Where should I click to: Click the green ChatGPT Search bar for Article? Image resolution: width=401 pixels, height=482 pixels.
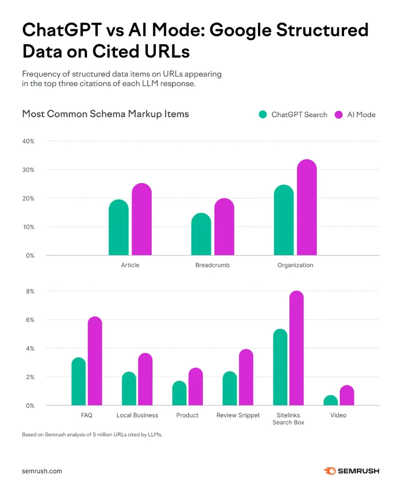click(x=119, y=228)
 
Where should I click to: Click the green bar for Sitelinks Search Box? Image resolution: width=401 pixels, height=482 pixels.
click(x=280, y=368)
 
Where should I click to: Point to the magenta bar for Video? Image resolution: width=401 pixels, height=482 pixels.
click(x=347, y=396)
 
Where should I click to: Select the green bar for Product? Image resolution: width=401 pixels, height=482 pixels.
click(x=179, y=394)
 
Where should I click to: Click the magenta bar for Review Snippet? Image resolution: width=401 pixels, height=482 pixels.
click(x=246, y=378)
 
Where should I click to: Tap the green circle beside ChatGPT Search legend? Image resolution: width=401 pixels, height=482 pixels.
click(x=263, y=114)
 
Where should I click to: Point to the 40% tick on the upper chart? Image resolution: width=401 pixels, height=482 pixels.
click(x=27, y=141)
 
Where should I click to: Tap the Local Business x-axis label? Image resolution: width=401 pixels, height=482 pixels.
click(x=137, y=415)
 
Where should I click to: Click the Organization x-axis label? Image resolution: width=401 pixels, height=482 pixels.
click(x=295, y=265)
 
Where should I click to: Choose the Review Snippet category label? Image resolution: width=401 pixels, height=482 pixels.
click(x=238, y=415)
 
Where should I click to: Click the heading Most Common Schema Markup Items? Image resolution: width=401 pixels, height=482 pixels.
click(x=105, y=114)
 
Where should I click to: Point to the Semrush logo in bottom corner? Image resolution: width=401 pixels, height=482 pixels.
click(x=351, y=471)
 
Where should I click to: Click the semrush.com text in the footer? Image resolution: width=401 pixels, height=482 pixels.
click(x=42, y=471)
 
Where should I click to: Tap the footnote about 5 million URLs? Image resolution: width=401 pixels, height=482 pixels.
click(x=92, y=435)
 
